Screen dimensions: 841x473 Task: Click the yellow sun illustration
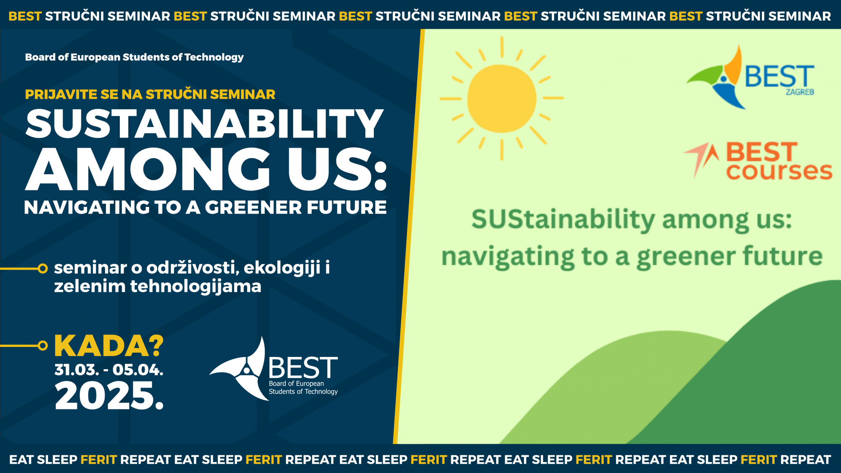502,98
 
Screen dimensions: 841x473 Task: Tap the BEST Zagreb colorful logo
750,77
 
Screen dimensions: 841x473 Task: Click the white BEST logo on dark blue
274,369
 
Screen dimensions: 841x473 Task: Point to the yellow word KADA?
109,346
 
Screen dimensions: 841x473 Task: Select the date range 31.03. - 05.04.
109,370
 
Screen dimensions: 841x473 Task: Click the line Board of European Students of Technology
134,57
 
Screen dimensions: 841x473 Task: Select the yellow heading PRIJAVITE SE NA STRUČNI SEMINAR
150,94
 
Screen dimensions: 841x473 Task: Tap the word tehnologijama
196,286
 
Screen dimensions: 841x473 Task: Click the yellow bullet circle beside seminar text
42,269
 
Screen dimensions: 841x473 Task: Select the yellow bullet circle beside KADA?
42,346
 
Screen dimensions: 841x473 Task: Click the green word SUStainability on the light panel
563,220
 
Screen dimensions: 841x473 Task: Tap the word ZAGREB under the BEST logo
800,92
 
